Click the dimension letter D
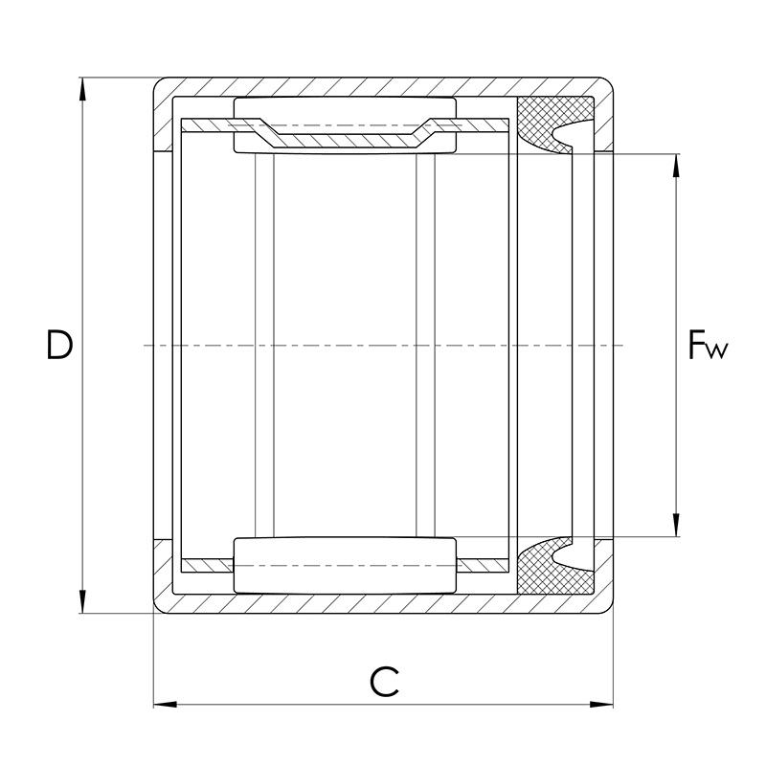(59, 345)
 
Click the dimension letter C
(384, 682)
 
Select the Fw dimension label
(708, 345)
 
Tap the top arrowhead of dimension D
(82, 89)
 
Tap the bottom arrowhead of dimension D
(82, 602)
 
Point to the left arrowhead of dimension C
(165, 705)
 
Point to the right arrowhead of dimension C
(601, 705)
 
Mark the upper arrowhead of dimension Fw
(676, 166)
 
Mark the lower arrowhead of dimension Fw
(676, 525)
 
